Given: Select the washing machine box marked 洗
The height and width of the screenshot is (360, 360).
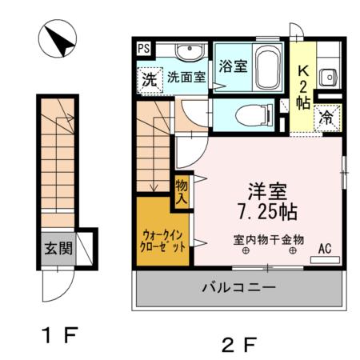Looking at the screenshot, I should pos(149,78).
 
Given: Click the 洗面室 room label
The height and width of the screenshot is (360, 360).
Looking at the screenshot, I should pos(186,78).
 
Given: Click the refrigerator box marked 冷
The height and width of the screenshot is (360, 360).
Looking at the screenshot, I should pos(326,116).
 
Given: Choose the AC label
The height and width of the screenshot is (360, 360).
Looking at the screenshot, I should pos(326,247).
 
